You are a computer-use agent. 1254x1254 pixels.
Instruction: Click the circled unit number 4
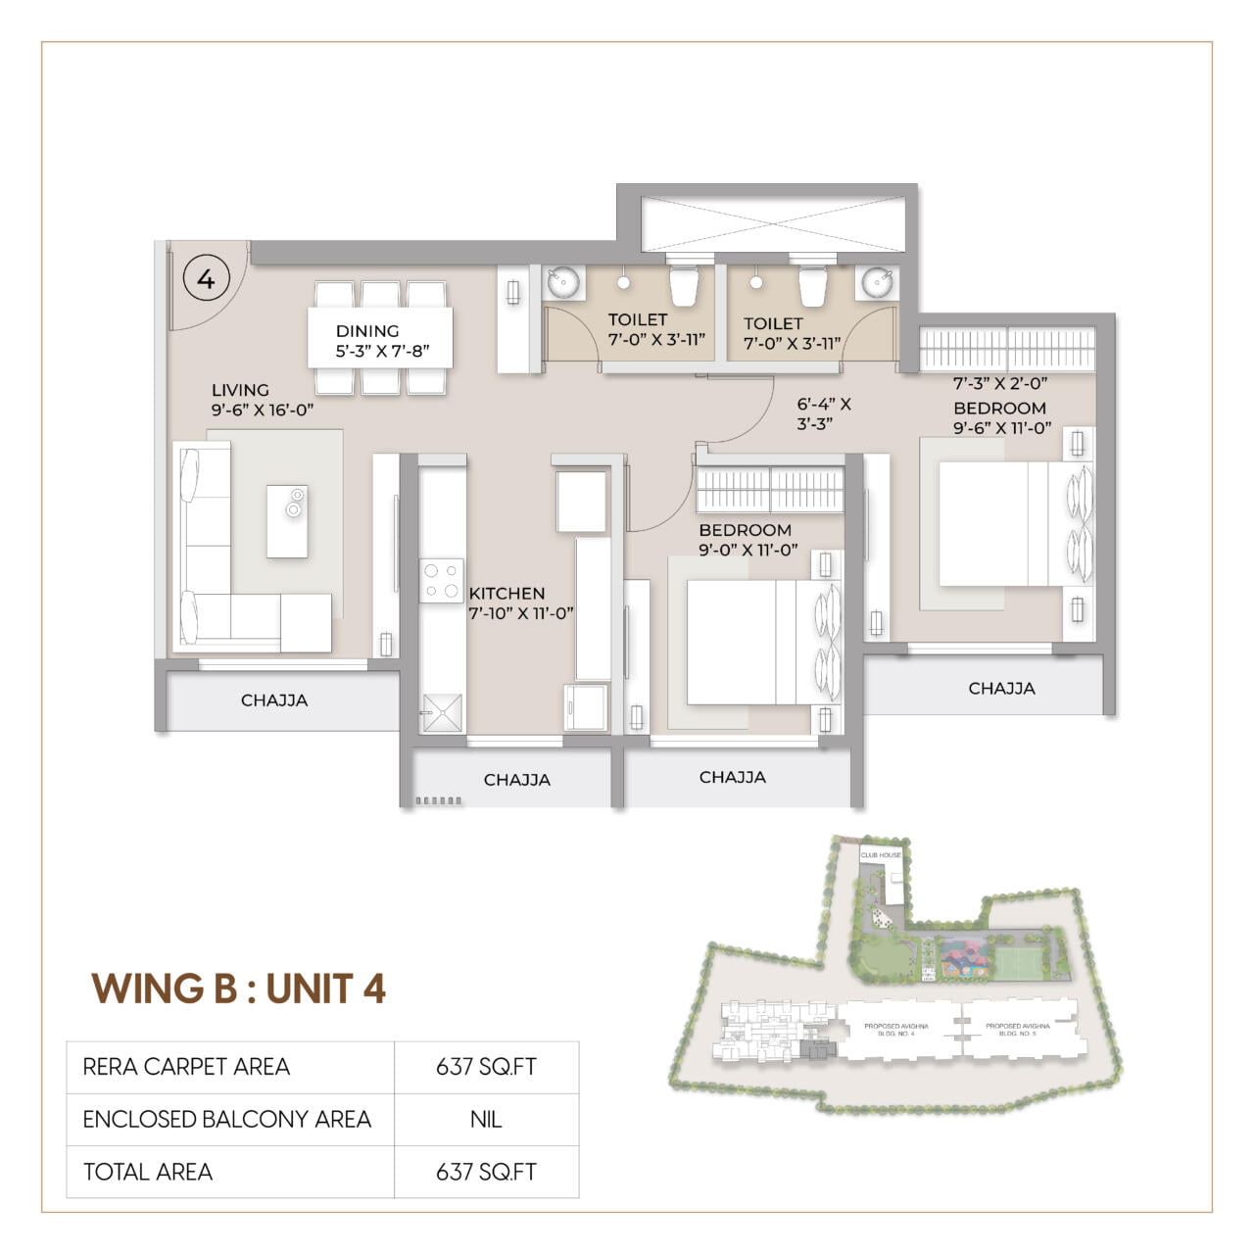[x=206, y=279]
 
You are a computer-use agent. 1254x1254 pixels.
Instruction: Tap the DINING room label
[x=367, y=331]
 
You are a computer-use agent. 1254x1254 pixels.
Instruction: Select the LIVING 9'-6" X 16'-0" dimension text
[x=263, y=410]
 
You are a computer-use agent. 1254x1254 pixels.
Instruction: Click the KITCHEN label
[x=506, y=594]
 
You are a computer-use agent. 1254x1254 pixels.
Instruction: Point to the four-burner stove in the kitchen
[x=441, y=580]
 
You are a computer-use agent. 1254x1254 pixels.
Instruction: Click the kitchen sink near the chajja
[x=441, y=712]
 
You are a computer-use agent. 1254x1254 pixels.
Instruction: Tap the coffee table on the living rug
[x=287, y=521]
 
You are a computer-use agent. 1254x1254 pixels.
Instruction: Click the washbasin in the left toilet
[x=563, y=283]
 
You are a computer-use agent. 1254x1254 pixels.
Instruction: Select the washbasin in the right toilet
[x=876, y=283]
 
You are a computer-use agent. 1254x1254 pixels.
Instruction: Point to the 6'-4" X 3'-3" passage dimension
[x=823, y=413]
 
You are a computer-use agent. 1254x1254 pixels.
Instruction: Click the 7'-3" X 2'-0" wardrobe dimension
[x=1000, y=384]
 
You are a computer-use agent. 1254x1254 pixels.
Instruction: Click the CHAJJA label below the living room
[x=274, y=700]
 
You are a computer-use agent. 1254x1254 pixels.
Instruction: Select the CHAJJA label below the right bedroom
[x=1001, y=689]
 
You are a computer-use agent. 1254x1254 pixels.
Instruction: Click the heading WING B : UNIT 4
[x=239, y=989]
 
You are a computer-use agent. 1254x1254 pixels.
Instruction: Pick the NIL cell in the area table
[x=486, y=1120]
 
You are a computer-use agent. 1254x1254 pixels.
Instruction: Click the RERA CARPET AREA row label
[x=186, y=1067]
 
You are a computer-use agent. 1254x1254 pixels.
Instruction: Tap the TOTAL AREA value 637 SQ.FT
[x=486, y=1172]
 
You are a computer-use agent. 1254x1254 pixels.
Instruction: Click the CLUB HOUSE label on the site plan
[x=881, y=855]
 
